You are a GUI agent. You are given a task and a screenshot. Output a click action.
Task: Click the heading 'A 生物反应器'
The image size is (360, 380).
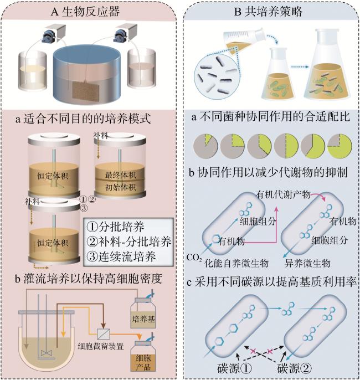pyautogui.click(x=85, y=12)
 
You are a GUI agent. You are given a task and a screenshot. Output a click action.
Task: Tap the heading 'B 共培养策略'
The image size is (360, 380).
pyautogui.click(x=269, y=12)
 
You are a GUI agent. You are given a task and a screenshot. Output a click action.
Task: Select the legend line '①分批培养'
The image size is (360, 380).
pyautogui.click(x=116, y=227)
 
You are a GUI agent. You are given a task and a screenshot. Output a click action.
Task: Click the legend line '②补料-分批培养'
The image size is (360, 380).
pyautogui.click(x=129, y=242)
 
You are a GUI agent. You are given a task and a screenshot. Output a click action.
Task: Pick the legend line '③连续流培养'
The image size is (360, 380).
pyautogui.click(x=121, y=256)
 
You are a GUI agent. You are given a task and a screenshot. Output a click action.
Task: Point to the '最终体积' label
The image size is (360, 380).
pyautogui.click(x=120, y=174)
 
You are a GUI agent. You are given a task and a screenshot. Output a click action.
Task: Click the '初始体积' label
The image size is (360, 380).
pyautogui.click(x=120, y=187)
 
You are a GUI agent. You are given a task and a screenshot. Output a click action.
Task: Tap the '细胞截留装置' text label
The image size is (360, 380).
pyautogui.click(x=101, y=346)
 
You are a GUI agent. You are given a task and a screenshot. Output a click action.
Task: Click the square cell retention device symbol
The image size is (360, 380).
pyautogui.click(x=104, y=335)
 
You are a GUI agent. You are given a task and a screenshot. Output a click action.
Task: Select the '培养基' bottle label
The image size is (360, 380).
pyautogui.click(x=143, y=319)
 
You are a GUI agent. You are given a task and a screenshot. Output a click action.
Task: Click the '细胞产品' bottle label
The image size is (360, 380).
pyautogui.click(x=143, y=363)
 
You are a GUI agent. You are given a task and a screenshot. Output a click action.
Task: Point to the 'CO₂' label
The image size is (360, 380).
pyautogui.click(x=194, y=258)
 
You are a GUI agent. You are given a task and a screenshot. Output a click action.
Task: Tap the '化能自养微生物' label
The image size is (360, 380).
pyautogui.click(x=236, y=263)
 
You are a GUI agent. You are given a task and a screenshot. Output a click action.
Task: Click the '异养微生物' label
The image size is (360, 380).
pyautogui.click(x=308, y=263)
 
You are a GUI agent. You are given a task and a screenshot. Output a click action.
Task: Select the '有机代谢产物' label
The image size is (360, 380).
pyautogui.click(x=283, y=194)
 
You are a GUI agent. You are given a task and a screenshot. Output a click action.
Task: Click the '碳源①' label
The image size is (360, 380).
pyautogui.click(x=234, y=368)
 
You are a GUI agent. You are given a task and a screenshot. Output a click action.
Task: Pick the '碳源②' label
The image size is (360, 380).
pyautogui.click(x=294, y=368)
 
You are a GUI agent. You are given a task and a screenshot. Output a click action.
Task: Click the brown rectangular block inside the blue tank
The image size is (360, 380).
pyautogui.click(x=86, y=90)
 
